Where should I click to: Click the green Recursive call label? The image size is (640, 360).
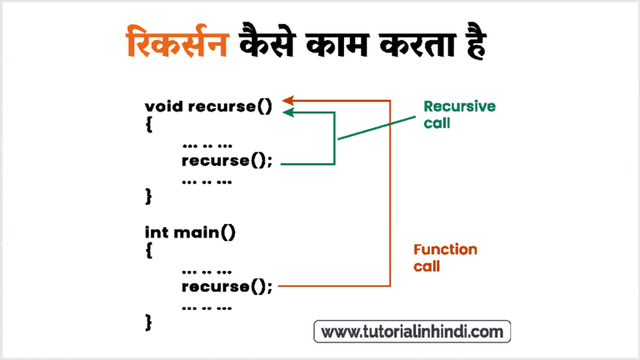tap(459, 114)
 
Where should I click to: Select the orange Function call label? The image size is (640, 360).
tap(446, 258)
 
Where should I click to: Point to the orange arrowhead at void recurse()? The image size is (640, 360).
tap(289, 100)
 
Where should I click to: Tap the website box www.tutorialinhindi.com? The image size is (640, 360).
tap(412, 332)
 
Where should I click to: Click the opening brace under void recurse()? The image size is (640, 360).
tap(149, 125)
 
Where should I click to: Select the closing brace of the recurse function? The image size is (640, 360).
tap(149, 196)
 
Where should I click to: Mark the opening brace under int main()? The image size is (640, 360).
tap(149, 251)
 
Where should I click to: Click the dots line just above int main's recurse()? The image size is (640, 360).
tap(206, 270)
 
